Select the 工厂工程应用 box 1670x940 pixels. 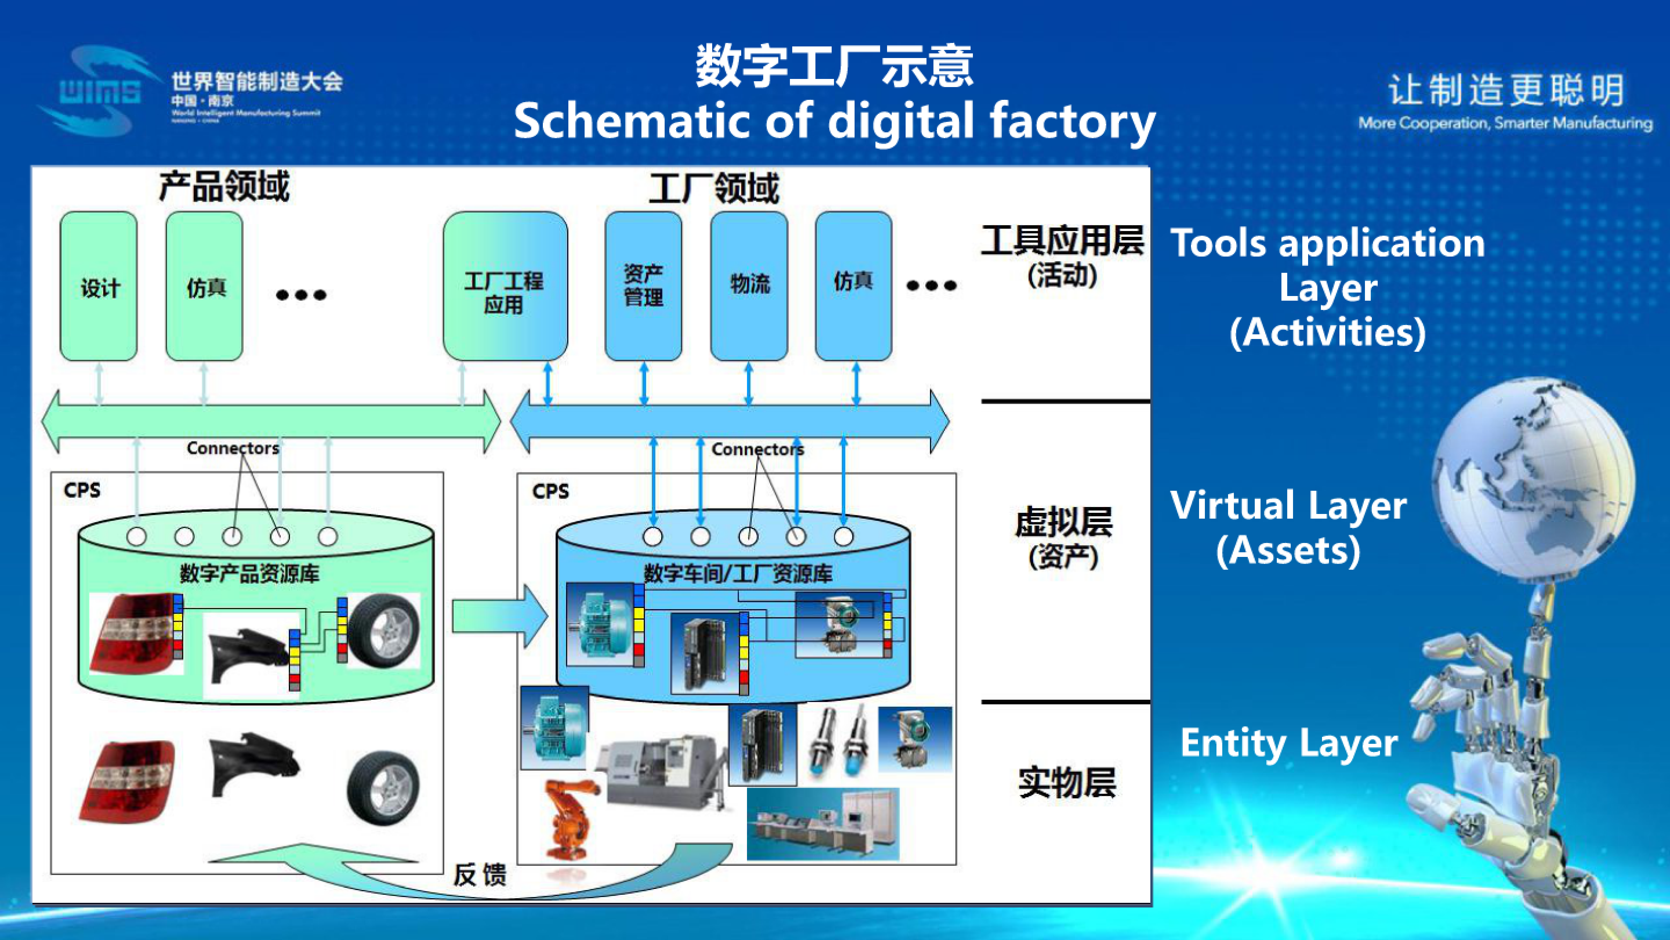tap(505, 286)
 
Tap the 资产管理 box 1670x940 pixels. tap(643, 286)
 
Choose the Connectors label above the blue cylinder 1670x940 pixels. tap(757, 449)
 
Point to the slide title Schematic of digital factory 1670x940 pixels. tap(834, 121)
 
